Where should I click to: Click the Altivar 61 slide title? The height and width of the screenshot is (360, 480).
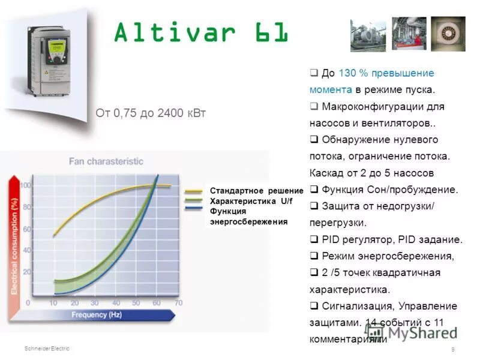pyautogui.click(x=202, y=34)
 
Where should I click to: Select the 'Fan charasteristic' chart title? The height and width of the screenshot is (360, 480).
pyautogui.click(x=106, y=161)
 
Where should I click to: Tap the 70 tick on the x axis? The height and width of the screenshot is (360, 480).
pyautogui.click(x=178, y=303)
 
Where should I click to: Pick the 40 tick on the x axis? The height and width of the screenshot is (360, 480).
pyautogui.click(x=115, y=303)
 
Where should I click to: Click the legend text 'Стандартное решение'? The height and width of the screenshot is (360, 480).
pyautogui.click(x=257, y=190)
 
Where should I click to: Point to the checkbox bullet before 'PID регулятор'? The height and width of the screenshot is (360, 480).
pyautogui.click(x=314, y=239)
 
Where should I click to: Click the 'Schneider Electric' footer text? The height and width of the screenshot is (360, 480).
pyautogui.click(x=47, y=349)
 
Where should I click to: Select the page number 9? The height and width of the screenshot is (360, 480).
pyautogui.click(x=452, y=350)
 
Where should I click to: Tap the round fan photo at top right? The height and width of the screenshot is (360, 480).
pyautogui.click(x=448, y=34)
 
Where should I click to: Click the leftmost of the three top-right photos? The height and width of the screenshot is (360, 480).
pyautogui.click(x=368, y=34)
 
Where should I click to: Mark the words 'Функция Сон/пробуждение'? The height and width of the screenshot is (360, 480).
pyautogui.click(x=389, y=190)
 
